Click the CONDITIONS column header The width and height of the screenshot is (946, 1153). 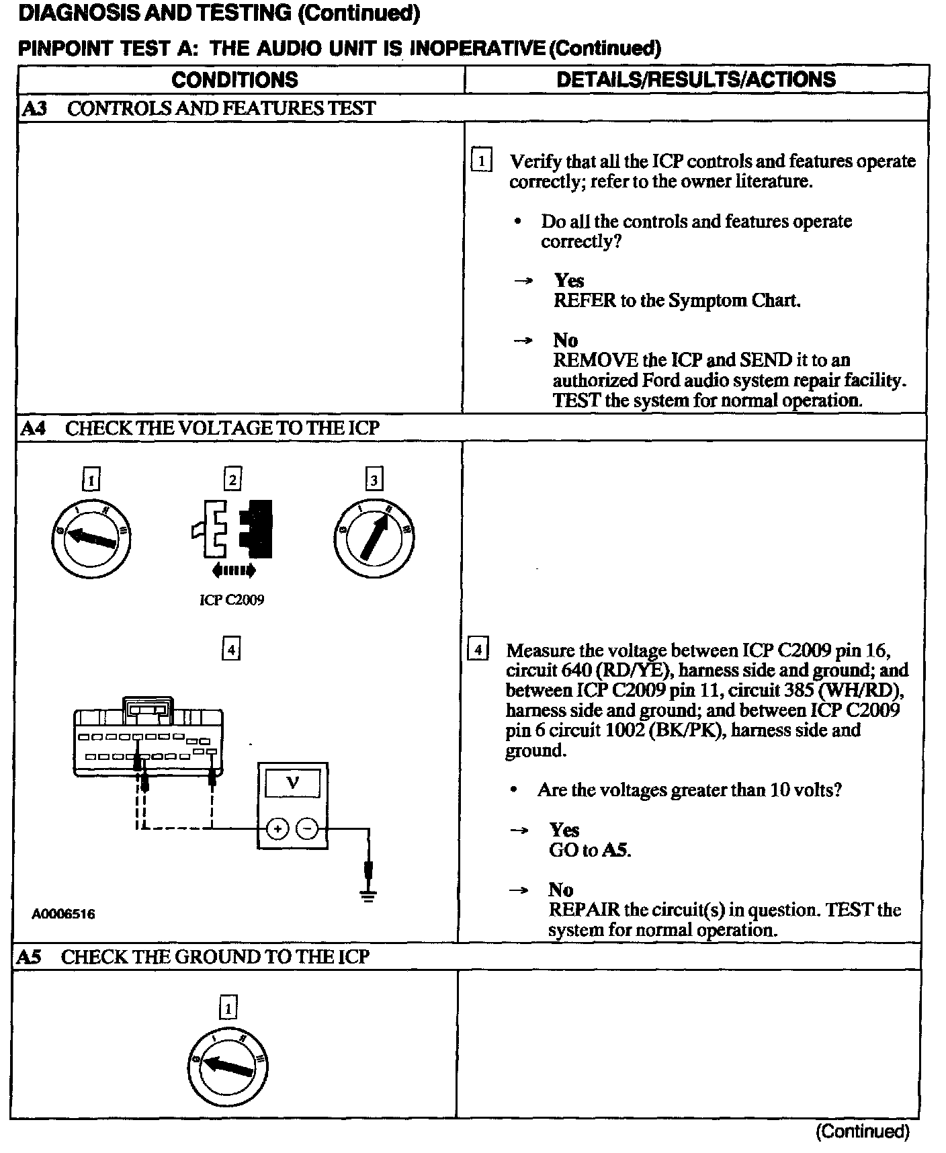pyautogui.click(x=234, y=79)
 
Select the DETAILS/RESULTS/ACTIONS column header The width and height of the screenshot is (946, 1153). pyautogui.click(x=696, y=79)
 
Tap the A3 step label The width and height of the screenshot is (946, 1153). pyautogui.click(x=34, y=108)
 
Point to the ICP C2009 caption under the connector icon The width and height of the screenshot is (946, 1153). pyautogui.click(x=232, y=599)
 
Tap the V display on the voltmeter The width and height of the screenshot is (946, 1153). pyautogui.click(x=292, y=782)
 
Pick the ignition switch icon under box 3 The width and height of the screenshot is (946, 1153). pyautogui.click(x=374, y=537)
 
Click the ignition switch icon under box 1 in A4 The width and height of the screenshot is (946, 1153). pyautogui.click(x=91, y=537)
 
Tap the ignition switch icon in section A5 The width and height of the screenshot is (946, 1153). pyautogui.click(x=228, y=1067)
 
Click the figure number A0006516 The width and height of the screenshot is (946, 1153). pyautogui.click(x=63, y=914)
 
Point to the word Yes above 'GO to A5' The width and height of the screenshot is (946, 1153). pyautogui.click(x=564, y=830)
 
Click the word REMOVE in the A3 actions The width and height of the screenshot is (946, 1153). pyautogui.click(x=586, y=360)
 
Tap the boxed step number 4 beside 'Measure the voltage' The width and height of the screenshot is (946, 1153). pyautogui.click(x=478, y=650)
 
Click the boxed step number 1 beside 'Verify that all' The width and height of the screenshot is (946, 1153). pyautogui.click(x=481, y=161)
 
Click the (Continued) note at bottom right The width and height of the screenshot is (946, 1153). pyautogui.click(x=863, y=1131)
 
